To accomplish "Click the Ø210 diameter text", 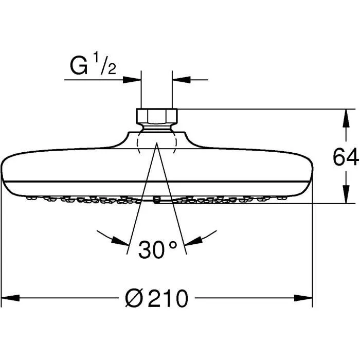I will (x=157, y=298).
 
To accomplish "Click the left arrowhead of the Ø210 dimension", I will (x=10, y=298).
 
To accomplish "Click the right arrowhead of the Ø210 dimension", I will (x=304, y=298).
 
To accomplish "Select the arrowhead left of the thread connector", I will (x=132, y=80).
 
